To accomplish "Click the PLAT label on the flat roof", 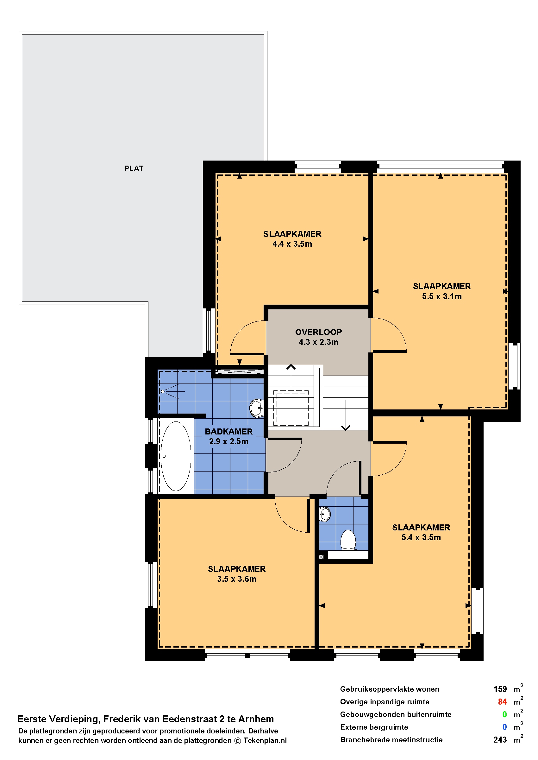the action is click(x=134, y=168).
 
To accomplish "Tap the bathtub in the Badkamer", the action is click(x=176, y=456).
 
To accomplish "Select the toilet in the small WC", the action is click(x=348, y=540).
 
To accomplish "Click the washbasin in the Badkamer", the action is click(x=257, y=408).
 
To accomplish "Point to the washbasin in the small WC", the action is click(x=325, y=514).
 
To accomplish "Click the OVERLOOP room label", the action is click(x=318, y=332).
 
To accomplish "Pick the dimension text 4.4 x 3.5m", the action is click(x=292, y=244).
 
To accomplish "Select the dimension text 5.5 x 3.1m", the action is click(x=441, y=296).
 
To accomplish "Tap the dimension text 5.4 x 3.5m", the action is click(x=421, y=537).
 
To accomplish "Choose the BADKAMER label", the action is click(x=228, y=431).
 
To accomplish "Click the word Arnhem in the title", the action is click(x=256, y=719).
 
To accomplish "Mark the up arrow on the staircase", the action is click(x=291, y=379).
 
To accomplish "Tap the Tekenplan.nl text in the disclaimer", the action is click(x=265, y=740).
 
